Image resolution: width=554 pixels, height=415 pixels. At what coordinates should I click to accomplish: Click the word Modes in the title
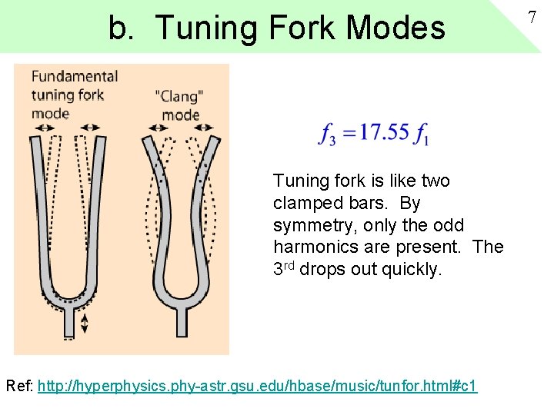pos(396,28)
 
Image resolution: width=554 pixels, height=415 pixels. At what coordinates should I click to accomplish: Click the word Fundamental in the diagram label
pos(75,76)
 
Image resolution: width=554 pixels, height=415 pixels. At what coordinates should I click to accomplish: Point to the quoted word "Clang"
pos(179,97)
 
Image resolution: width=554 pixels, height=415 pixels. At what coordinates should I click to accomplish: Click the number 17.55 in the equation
pos(384,133)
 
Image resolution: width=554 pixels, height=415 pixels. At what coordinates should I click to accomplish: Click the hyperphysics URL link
pos(257,385)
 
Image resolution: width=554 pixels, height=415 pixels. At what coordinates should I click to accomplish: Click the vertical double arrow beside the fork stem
pos(85,323)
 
